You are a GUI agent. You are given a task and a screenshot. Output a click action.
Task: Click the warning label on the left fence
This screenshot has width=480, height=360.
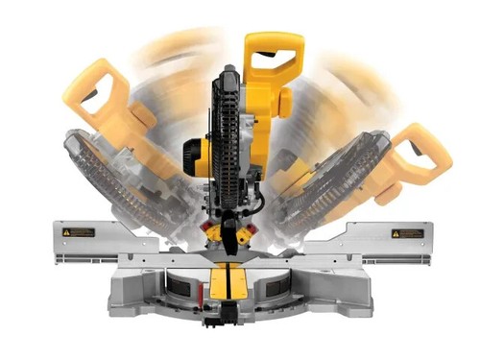[80, 232]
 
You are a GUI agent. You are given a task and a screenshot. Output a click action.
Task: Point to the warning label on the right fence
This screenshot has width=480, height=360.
[406, 233]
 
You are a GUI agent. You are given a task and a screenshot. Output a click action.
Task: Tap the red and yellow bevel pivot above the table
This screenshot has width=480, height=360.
[231, 236]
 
